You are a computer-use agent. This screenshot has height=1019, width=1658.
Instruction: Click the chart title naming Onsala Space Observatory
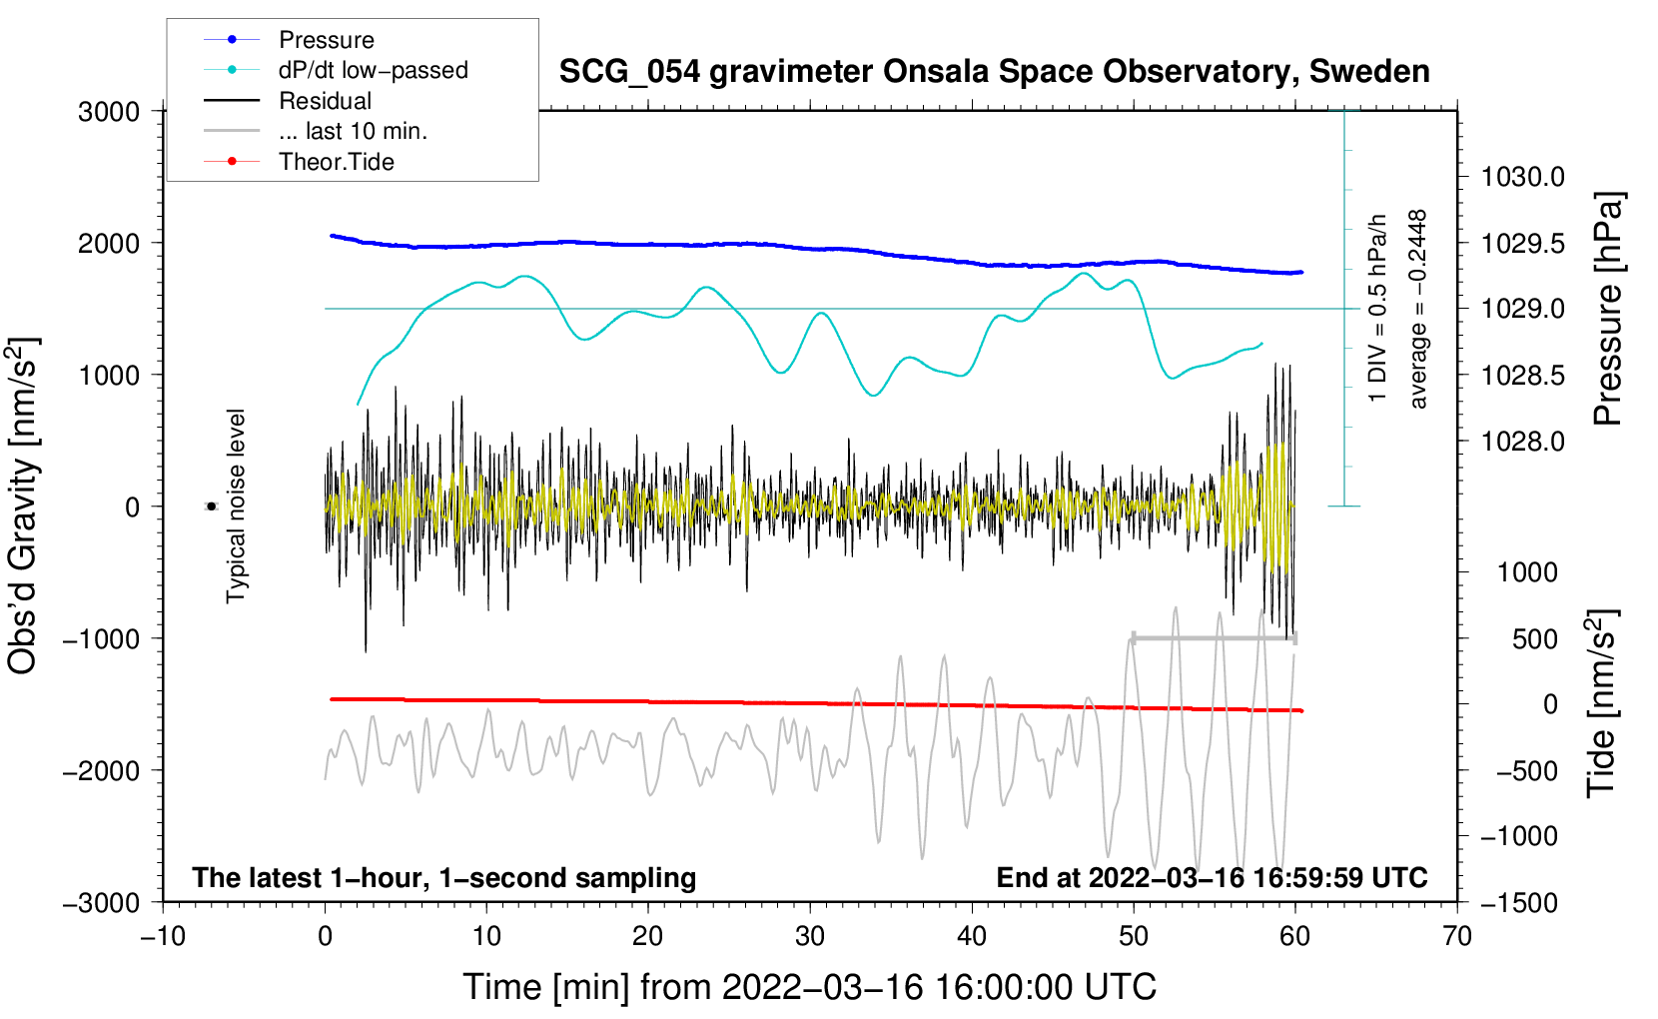point(994,72)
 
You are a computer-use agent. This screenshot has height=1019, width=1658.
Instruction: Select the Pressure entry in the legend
point(326,40)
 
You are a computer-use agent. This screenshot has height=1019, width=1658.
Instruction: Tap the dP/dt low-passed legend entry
point(373,70)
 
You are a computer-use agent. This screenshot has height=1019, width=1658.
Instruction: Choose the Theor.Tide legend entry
point(336,162)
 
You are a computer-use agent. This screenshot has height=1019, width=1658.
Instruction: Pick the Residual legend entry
point(325,101)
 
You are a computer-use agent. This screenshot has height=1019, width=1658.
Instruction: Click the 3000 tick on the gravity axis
point(109,112)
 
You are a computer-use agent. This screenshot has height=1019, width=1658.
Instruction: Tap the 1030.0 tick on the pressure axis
point(1522,177)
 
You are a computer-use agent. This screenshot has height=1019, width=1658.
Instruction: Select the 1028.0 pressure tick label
point(1522,442)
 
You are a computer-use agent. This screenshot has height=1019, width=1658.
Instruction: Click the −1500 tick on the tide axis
point(1518,902)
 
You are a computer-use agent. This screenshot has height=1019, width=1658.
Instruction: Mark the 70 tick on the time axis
point(1457,936)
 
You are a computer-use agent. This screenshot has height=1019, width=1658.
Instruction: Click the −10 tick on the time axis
point(163,936)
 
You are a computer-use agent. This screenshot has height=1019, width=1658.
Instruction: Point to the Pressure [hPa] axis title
point(1608,310)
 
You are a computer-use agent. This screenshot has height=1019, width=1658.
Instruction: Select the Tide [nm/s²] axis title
point(1602,704)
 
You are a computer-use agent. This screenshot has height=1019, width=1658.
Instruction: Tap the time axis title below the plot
point(809,987)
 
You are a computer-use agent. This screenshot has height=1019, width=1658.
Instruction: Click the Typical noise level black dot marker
point(212,507)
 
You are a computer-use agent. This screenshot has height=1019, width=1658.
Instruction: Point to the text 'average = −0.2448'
point(1418,309)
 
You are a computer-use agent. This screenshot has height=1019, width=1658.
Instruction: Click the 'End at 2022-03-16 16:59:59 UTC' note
point(1212,877)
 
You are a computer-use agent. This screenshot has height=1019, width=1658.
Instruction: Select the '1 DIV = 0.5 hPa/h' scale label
point(1378,309)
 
